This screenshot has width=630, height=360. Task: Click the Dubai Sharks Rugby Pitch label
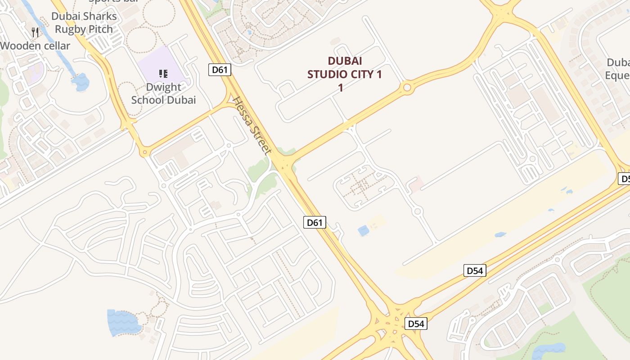pos(84,23)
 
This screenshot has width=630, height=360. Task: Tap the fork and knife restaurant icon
pos(36,32)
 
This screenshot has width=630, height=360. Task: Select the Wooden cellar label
pos(35,46)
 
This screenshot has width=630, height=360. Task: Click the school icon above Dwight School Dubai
pos(163,73)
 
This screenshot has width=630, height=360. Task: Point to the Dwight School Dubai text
pos(163,94)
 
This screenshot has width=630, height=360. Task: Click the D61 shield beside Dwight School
pos(220,70)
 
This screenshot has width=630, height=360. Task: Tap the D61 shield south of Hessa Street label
pos(315,222)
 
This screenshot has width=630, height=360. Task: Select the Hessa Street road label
pos(252,126)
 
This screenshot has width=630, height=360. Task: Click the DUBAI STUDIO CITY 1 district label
pos(345,74)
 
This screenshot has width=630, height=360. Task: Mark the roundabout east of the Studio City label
pos(407,88)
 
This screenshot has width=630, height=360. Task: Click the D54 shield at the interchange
pos(415,324)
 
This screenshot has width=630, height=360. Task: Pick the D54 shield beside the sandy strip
pos(475,270)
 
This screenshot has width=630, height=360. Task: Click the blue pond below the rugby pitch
pos(81,82)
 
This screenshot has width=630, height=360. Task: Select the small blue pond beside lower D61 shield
pos(363,231)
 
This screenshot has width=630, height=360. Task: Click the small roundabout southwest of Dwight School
pos(144,153)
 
